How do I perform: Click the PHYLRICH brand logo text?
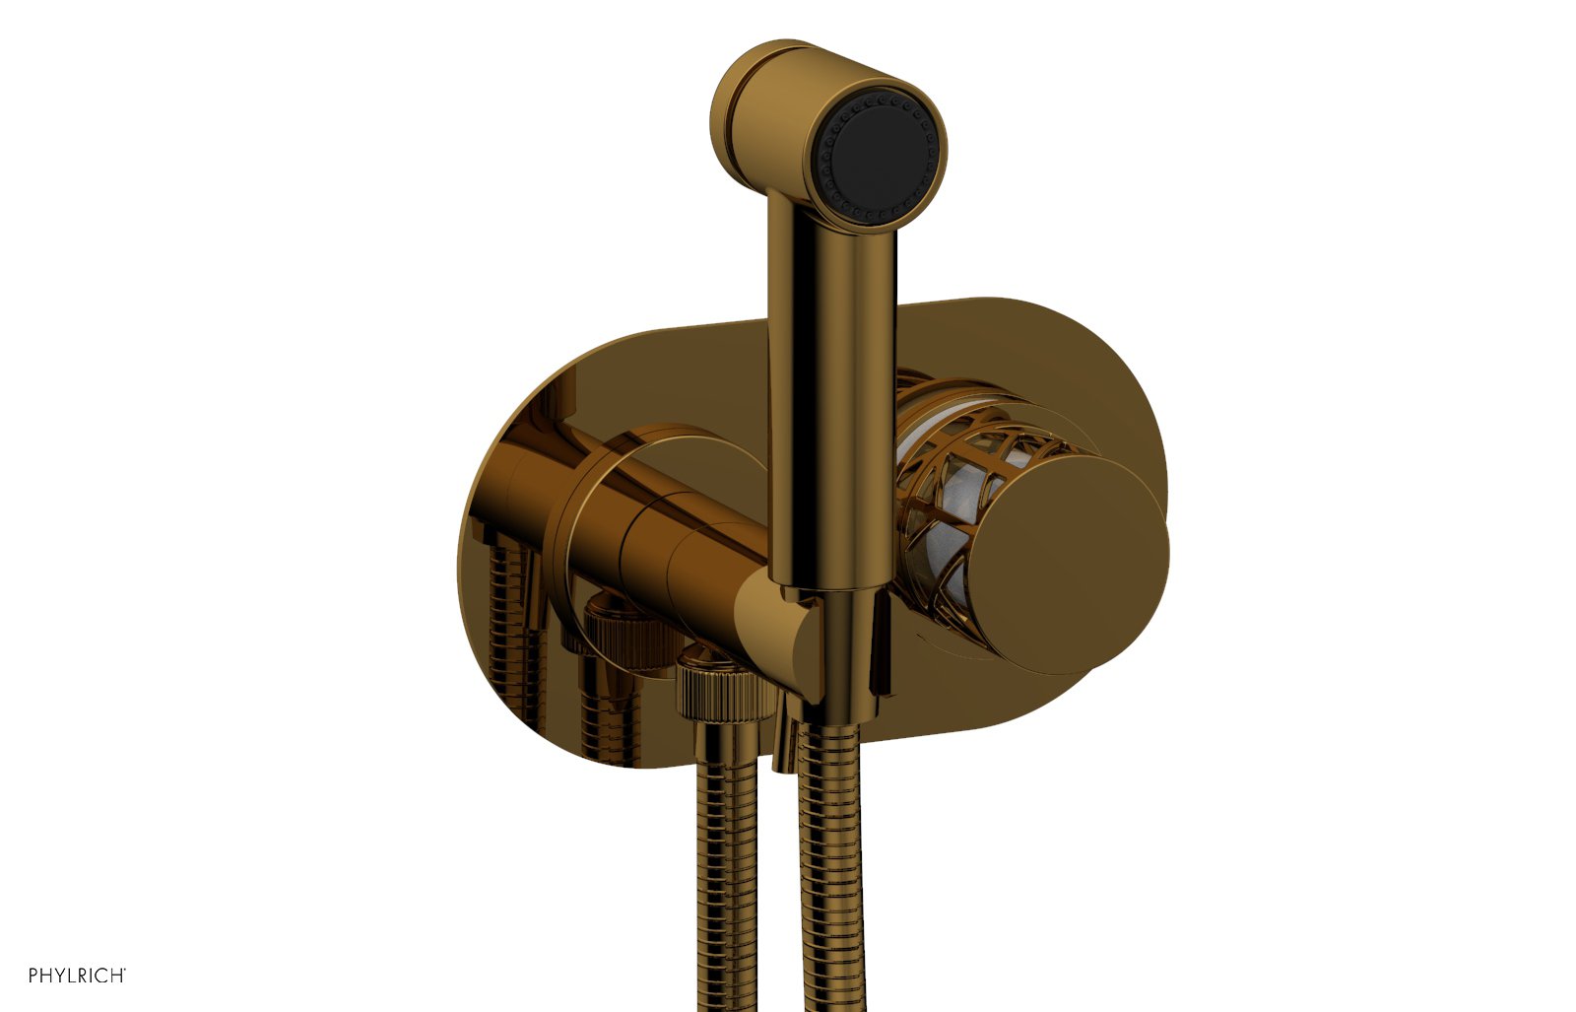click(77, 976)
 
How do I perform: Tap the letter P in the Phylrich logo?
click(33, 976)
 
